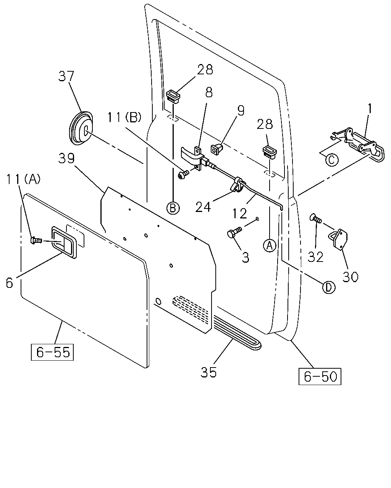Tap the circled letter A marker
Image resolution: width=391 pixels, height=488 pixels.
pyautogui.click(x=270, y=246)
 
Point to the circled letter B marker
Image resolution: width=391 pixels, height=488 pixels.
pyautogui.click(x=173, y=208)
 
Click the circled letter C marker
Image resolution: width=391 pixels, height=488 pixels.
pyautogui.click(x=332, y=160)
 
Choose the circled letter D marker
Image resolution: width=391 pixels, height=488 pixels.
pyautogui.click(x=329, y=287)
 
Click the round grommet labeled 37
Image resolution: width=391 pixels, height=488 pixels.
pyautogui.click(x=81, y=128)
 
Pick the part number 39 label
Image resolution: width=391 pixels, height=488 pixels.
pyautogui.click(x=66, y=158)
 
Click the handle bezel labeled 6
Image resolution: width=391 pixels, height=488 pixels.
pyautogui.click(x=64, y=242)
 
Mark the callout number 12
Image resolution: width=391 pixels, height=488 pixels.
pyautogui.click(x=240, y=213)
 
